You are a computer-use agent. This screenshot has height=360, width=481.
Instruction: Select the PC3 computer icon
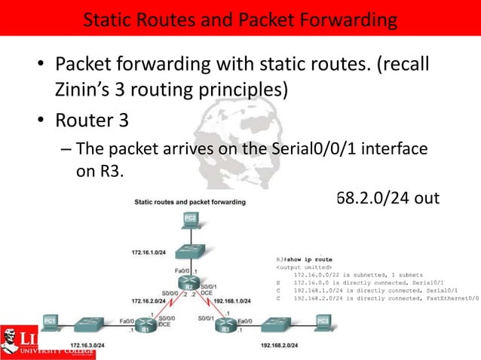click(323, 323)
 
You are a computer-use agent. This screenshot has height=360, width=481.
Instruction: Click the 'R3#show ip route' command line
click(305, 258)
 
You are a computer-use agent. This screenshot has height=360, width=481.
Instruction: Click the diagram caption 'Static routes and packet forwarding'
click(191, 202)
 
